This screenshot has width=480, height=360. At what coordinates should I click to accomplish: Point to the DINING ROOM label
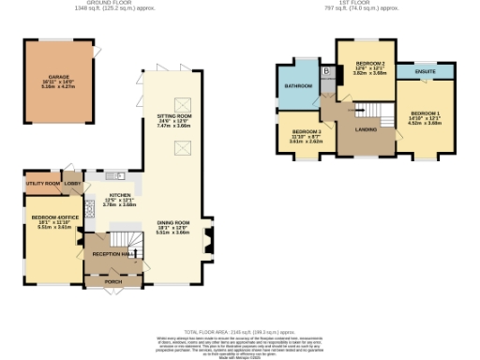pyautogui.click(x=172, y=223)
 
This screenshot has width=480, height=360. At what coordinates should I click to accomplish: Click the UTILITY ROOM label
pyautogui.click(x=43, y=184)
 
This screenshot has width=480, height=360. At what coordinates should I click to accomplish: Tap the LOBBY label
pyautogui.click(x=71, y=183)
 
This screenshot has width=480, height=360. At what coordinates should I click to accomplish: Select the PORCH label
pyautogui.click(x=113, y=281)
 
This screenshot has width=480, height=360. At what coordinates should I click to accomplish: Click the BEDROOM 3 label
pyautogui.click(x=305, y=131)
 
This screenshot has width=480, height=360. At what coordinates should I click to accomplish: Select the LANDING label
pyautogui.click(x=365, y=128)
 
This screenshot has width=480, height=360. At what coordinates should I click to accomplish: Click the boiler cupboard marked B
pyautogui.click(x=326, y=72)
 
